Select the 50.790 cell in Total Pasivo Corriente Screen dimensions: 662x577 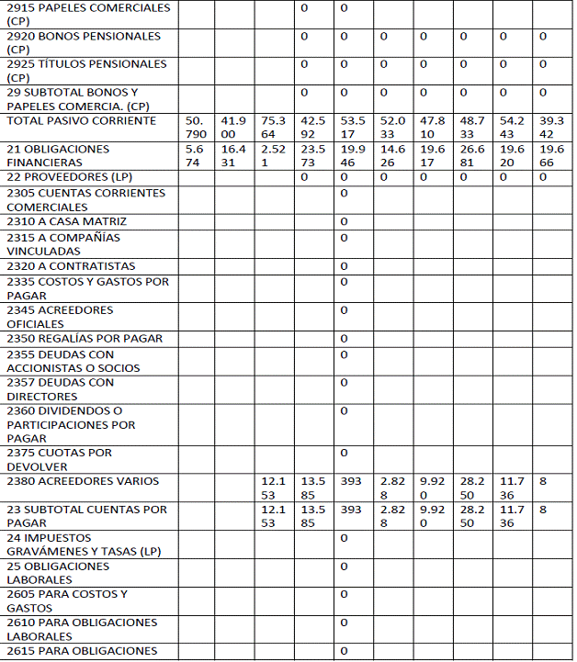[196, 128]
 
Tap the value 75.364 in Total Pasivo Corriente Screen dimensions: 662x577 [273, 128]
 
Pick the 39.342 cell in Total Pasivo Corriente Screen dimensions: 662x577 [552, 128]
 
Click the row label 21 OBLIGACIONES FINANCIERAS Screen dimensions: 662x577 [58, 155]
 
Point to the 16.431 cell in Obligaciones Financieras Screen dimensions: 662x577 [233, 155]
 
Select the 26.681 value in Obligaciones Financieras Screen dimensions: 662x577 [472, 155]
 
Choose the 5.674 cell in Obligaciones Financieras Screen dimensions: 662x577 [195, 155]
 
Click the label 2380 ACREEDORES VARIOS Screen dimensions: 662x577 [83, 481]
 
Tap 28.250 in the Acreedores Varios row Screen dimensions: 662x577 [472, 488]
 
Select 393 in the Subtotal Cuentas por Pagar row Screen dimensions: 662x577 [351, 509]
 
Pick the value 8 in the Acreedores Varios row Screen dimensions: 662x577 [544, 481]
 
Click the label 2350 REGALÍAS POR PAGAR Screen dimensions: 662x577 [85, 339]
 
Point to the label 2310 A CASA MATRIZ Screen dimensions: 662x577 [66, 222]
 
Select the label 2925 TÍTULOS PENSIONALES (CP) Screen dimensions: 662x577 [86, 71]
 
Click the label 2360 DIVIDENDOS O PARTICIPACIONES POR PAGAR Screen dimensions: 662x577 [71, 424]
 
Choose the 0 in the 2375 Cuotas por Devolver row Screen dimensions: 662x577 [345, 453]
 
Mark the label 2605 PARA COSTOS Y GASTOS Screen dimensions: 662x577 [67, 600]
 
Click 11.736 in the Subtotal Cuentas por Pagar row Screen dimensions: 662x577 [512, 516]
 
